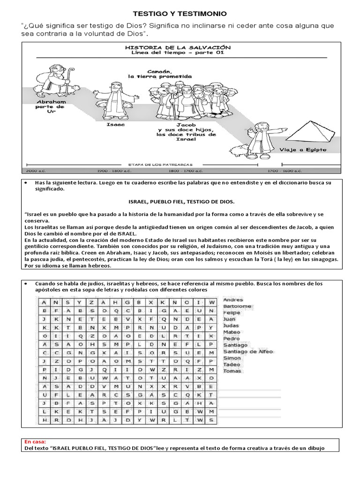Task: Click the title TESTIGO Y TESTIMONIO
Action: point(180,15)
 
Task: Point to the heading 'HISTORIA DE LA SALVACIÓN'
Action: point(178,48)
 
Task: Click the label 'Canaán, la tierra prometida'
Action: point(159,73)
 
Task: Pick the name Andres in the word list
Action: point(233,299)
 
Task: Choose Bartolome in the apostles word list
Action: point(238,306)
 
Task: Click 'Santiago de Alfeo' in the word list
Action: point(248,352)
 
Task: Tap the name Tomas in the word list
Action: point(232,371)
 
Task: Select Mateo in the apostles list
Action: point(232,332)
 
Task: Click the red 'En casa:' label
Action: point(33,442)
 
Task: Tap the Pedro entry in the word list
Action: point(232,338)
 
